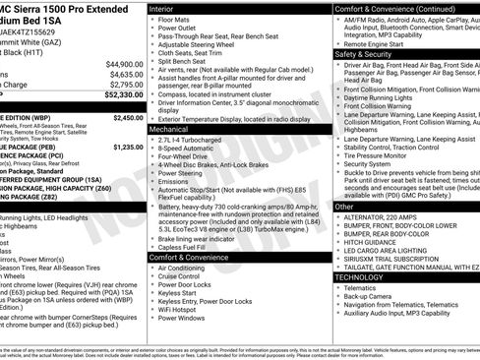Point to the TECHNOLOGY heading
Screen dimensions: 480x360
(x=360, y=277)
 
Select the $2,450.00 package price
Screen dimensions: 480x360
(x=128, y=117)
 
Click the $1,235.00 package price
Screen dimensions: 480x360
(x=128, y=147)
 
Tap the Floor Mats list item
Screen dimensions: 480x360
(x=175, y=19)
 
